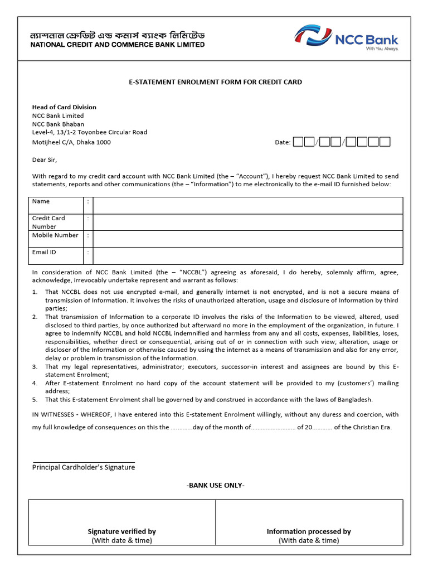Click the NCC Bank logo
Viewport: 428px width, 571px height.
346,38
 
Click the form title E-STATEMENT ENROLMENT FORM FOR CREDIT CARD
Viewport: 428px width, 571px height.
215,82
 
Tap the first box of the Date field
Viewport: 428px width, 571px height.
298,142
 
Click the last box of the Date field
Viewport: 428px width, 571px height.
385,142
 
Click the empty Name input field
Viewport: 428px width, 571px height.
247,205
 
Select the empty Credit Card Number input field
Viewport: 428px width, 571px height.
247,222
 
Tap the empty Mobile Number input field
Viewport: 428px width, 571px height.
247,239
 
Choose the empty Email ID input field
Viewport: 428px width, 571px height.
247,255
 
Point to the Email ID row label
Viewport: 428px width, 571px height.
44,252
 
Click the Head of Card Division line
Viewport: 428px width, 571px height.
64,107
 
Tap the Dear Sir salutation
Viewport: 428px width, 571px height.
45,159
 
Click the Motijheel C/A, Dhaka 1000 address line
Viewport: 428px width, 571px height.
71,142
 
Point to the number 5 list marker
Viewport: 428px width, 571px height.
35,400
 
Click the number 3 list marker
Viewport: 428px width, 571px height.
35,367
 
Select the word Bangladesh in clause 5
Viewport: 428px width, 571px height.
353,400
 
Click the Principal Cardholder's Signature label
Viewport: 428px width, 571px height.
84,467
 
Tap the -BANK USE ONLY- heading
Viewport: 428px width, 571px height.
215,485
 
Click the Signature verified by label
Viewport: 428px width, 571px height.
121,531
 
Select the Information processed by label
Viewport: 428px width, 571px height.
309,531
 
